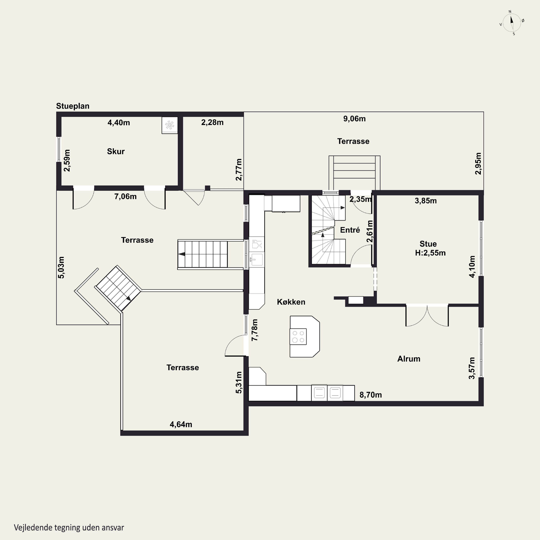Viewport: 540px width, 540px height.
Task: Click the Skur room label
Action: click(x=116, y=152)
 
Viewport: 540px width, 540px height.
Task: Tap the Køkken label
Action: click(x=291, y=302)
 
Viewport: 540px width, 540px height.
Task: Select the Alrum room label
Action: click(x=409, y=359)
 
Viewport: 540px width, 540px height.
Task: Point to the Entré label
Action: click(x=350, y=230)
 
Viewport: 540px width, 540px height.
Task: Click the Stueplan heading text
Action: click(x=73, y=106)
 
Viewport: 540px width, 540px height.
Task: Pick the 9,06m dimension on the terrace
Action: click(x=354, y=119)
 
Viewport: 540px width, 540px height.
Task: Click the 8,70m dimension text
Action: click(x=371, y=395)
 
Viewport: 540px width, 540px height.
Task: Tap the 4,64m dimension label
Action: click(x=181, y=425)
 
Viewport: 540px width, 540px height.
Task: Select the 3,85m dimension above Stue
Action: click(x=426, y=201)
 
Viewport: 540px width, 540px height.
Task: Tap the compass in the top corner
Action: click(x=512, y=23)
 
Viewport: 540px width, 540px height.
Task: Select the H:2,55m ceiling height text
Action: click(x=430, y=253)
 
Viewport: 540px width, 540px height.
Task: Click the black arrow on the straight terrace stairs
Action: click(x=182, y=254)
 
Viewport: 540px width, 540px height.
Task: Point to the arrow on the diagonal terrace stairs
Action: click(x=128, y=298)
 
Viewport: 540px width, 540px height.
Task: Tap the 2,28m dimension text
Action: click(x=212, y=122)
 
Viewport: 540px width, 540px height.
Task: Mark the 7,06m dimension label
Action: click(x=125, y=197)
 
